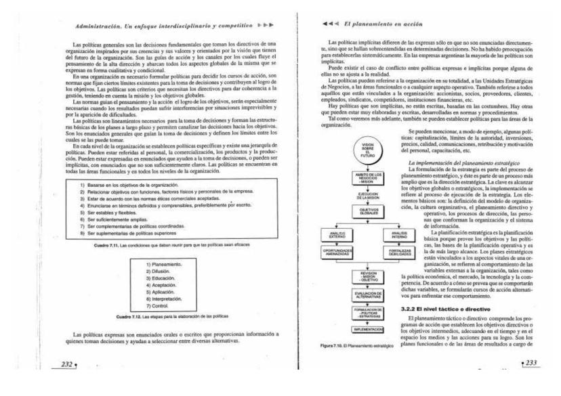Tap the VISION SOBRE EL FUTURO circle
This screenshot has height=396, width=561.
tap(367, 149)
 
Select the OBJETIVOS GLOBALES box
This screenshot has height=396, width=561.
tap(367, 211)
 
